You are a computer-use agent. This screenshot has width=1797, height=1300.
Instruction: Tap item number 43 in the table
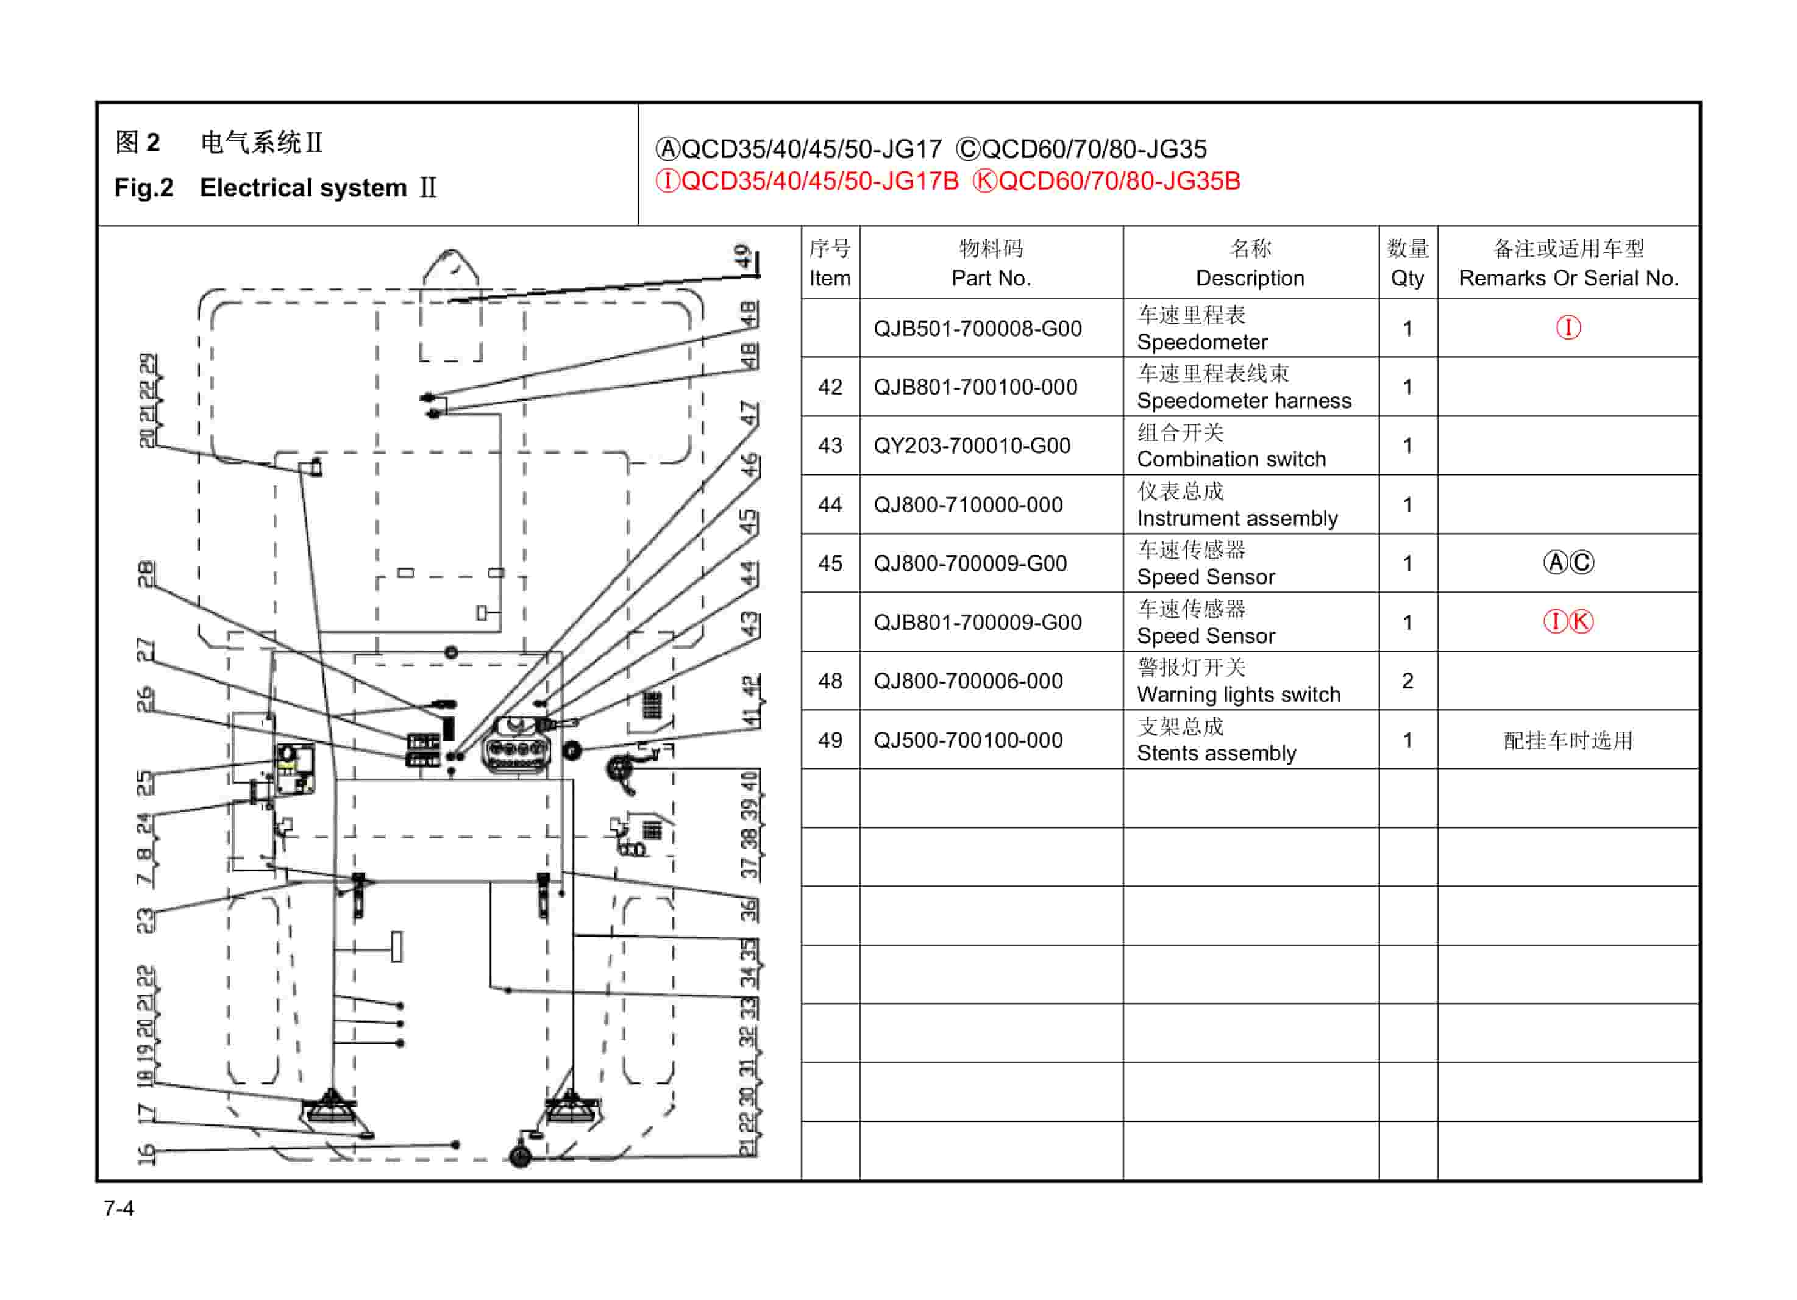point(830,446)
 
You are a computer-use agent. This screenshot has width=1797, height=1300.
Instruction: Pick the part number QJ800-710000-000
point(967,505)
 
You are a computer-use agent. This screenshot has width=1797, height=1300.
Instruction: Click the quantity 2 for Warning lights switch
point(1407,681)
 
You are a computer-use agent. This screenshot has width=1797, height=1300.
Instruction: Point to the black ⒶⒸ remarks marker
point(1568,563)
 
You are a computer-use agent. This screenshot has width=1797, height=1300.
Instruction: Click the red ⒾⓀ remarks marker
point(1568,621)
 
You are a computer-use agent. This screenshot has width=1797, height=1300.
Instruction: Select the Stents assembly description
point(1216,740)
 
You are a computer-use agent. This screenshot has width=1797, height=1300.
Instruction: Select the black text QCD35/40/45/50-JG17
point(810,149)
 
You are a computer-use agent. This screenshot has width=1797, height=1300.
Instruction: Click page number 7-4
point(119,1209)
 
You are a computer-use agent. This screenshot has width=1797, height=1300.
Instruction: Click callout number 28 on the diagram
point(146,574)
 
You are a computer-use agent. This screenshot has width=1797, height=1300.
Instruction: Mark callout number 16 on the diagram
point(146,1154)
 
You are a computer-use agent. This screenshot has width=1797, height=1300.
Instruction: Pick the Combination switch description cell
point(1231,446)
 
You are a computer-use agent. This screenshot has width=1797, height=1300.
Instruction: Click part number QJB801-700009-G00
point(977,622)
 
